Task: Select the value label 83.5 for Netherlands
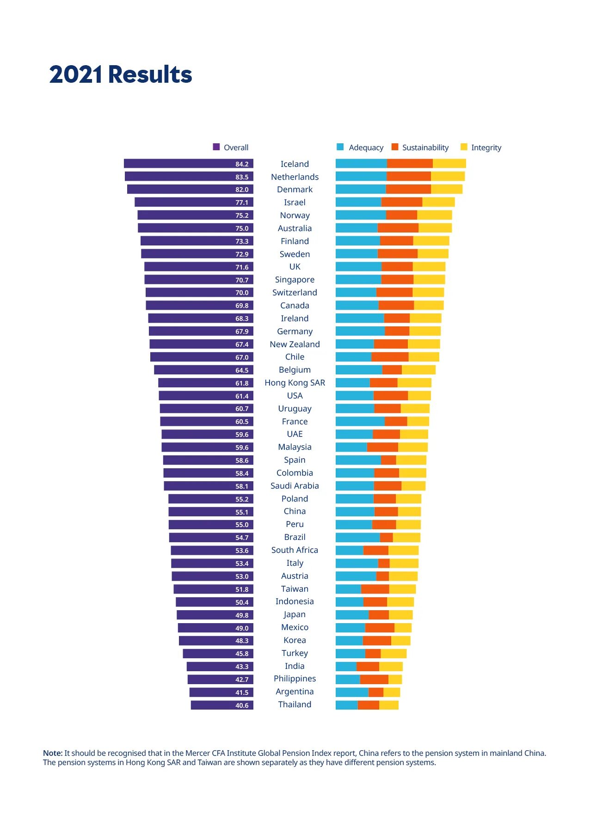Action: pyautogui.click(x=242, y=177)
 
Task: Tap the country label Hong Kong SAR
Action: pyautogui.click(x=295, y=383)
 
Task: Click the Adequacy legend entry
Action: pyautogui.click(x=361, y=147)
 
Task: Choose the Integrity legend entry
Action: pyautogui.click(x=481, y=147)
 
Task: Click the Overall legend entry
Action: pyautogui.click(x=231, y=147)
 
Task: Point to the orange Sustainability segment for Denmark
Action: pyautogui.click(x=408, y=189)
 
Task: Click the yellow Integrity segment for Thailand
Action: pyautogui.click(x=389, y=705)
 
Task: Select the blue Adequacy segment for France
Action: pyautogui.click(x=360, y=421)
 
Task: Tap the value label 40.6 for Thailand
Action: pyautogui.click(x=242, y=705)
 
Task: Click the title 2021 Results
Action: pyautogui.click(x=121, y=74)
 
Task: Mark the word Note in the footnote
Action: pyautogui.click(x=52, y=753)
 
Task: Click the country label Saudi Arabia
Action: pyautogui.click(x=295, y=486)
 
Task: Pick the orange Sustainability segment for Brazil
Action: pyautogui.click(x=386, y=537)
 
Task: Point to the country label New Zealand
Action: pyautogui.click(x=295, y=344)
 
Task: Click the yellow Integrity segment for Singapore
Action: pyautogui.click(x=429, y=280)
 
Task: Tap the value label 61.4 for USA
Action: pyautogui.click(x=242, y=396)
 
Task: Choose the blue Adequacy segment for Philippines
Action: pyautogui.click(x=348, y=679)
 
